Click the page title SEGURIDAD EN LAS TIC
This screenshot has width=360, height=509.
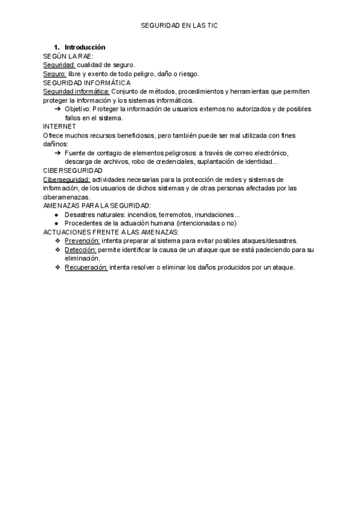pos(179,26)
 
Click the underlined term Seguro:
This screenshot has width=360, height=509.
pos(55,74)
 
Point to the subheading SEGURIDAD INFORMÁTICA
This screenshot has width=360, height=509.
pos(87,83)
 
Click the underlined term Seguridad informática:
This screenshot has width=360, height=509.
pos(76,92)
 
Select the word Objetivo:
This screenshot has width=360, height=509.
pos(78,110)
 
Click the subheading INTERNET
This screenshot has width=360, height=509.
pos(59,127)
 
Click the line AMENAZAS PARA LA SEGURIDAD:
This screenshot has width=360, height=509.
pos(97,206)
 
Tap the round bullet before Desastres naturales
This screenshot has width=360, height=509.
pos(56,215)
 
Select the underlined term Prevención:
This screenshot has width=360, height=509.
pos(82,241)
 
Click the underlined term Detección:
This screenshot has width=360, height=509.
pos(80,250)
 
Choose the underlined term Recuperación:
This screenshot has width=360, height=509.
pos(86,267)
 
